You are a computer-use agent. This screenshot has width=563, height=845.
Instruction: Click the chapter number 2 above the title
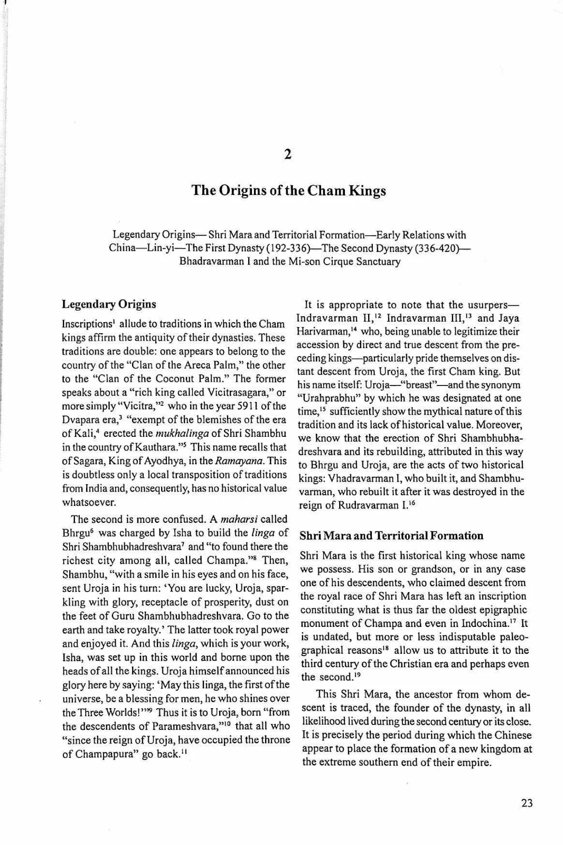pyautogui.click(x=288, y=154)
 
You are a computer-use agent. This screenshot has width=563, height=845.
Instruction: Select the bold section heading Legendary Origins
pyautogui.click(x=109, y=304)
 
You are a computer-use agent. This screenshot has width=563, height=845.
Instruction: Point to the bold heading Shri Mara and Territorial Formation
pyautogui.click(x=391, y=536)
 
